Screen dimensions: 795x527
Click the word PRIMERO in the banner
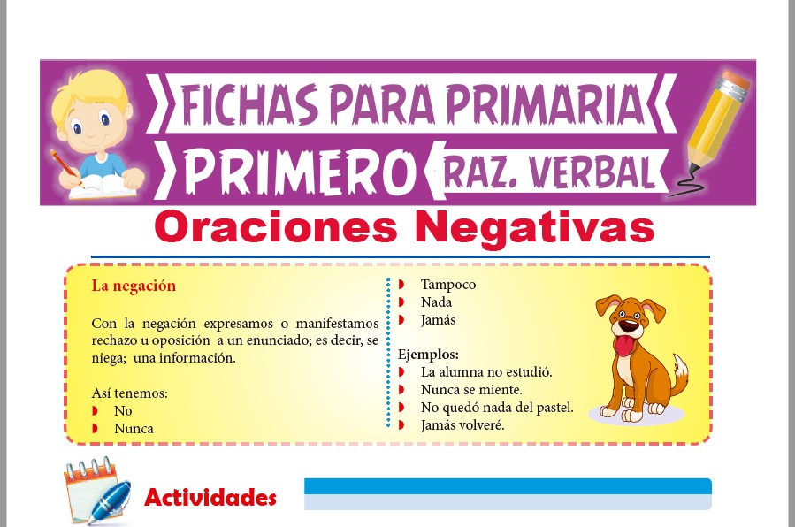click(299, 172)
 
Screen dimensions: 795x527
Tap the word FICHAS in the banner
click(249, 105)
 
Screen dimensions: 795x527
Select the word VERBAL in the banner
click(591, 172)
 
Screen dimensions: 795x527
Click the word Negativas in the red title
click(535, 229)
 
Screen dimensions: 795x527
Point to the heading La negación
click(134, 286)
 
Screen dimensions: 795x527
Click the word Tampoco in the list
click(448, 285)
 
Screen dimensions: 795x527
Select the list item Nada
click(436, 302)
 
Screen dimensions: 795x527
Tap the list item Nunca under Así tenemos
click(134, 429)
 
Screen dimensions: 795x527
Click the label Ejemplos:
click(428, 355)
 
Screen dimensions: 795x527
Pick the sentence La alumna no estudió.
click(486, 372)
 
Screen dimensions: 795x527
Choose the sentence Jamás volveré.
click(462, 425)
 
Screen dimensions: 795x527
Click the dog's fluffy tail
click(678, 374)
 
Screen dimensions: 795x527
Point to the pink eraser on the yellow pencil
click(736, 80)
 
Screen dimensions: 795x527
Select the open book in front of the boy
click(101, 187)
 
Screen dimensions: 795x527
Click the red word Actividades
click(210, 498)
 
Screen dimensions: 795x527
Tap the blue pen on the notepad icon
click(110, 501)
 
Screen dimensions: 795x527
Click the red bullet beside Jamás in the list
click(401, 320)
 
